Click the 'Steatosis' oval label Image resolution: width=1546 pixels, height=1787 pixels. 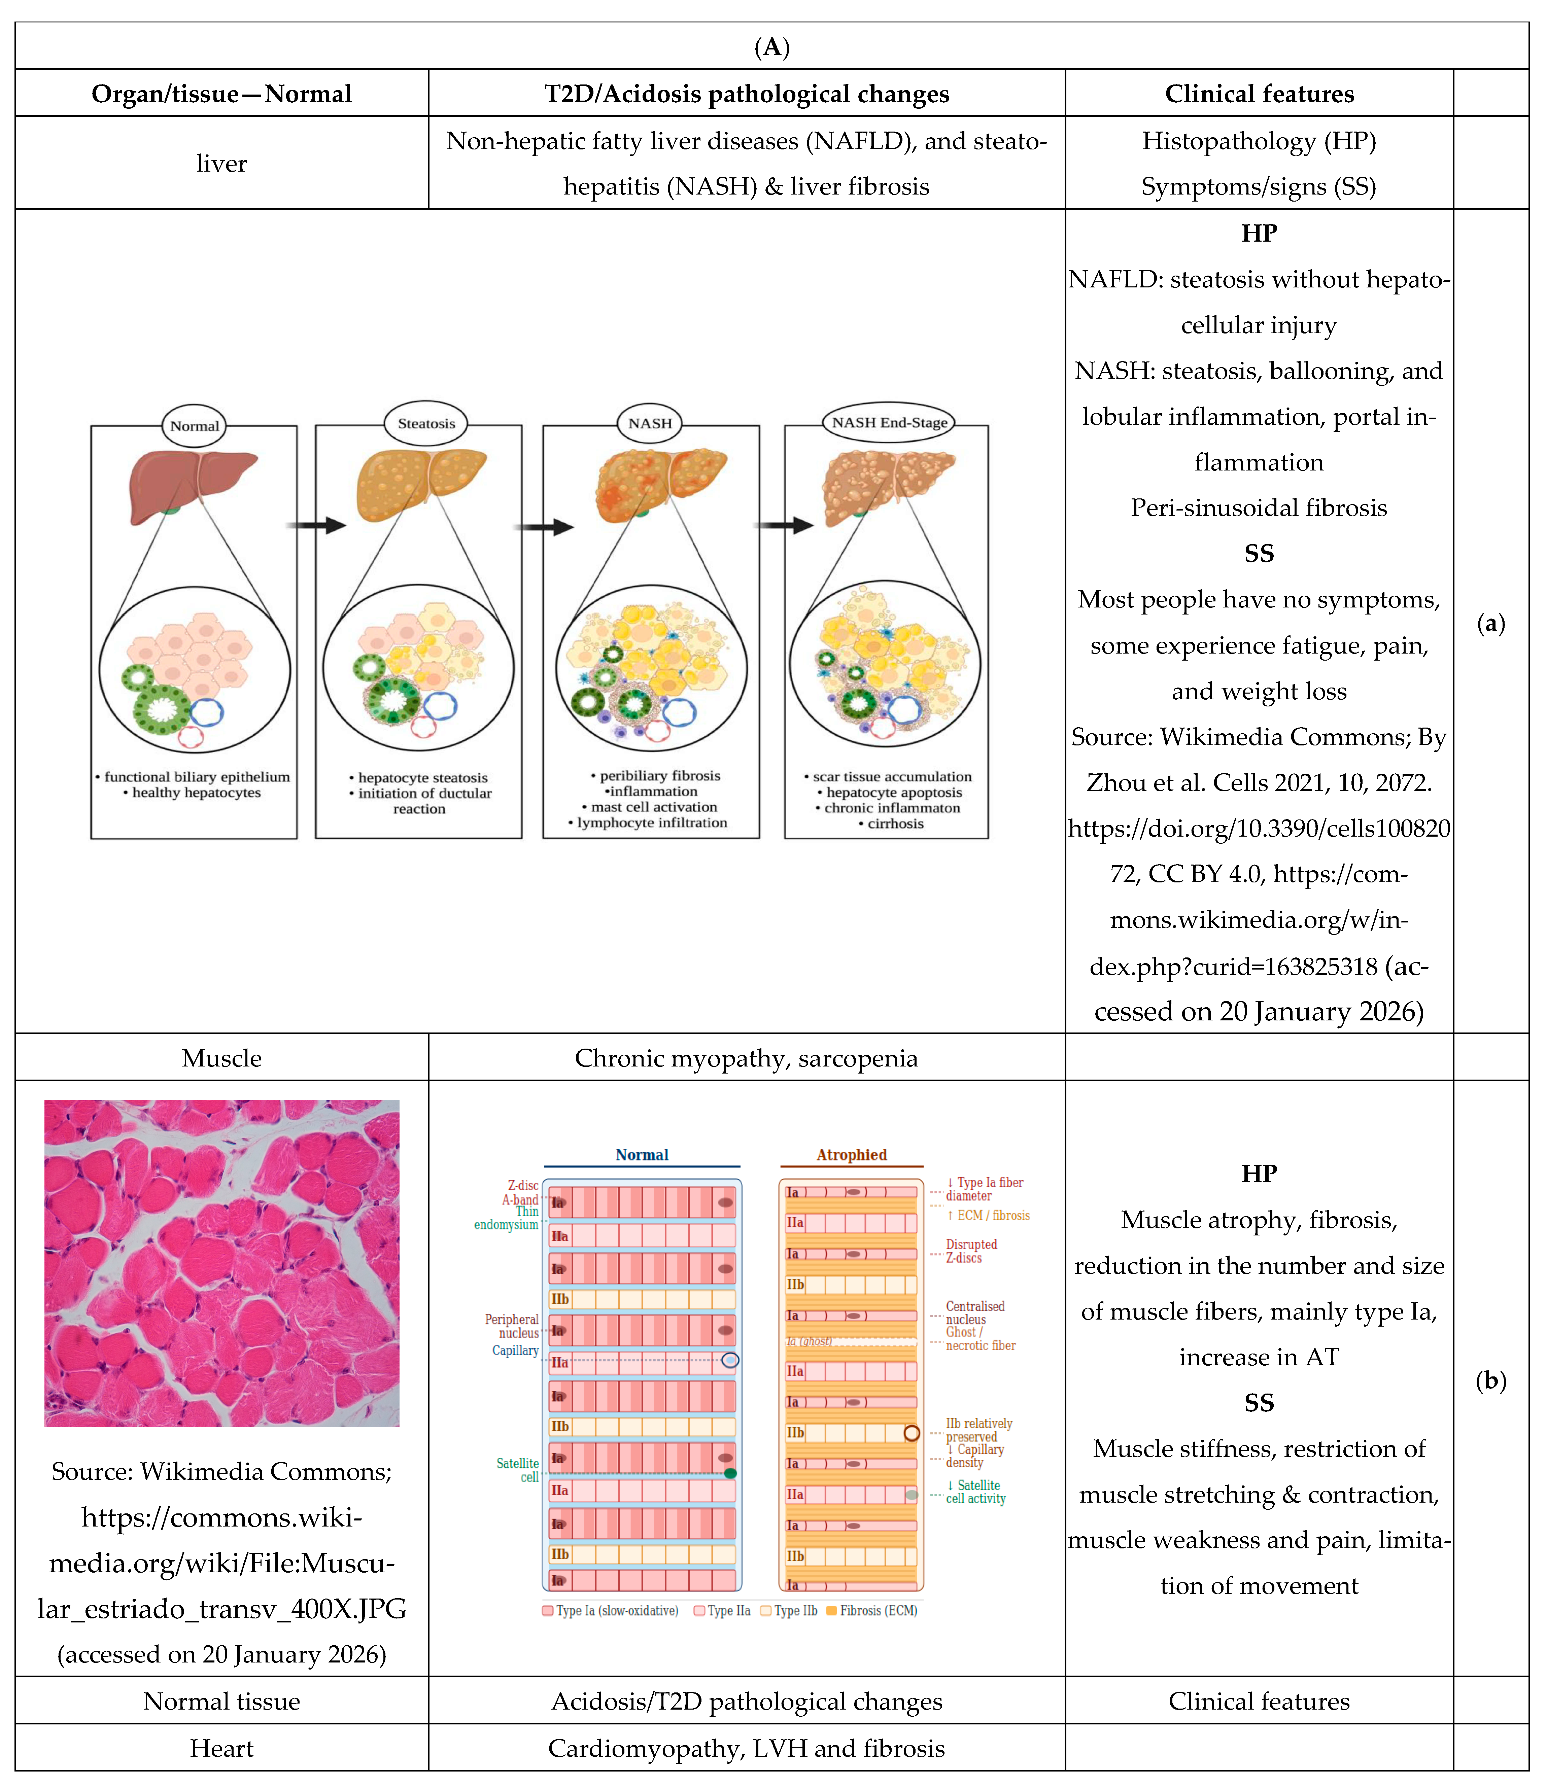point(426,423)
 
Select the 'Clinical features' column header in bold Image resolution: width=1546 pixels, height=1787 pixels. point(1259,93)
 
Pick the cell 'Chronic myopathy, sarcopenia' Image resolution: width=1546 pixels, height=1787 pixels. point(746,1058)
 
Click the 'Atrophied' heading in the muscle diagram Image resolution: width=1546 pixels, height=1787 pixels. point(852,1155)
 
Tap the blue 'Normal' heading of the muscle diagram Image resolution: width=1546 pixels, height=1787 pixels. point(642,1155)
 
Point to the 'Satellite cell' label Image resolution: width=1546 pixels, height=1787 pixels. point(518,1470)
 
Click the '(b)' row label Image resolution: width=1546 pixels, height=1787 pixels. point(1491,1381)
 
